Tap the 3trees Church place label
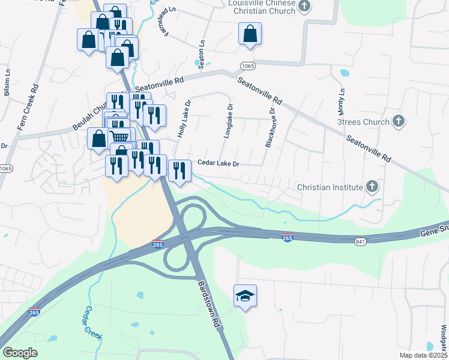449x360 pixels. (363, 122)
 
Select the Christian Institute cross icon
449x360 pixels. (372, 187)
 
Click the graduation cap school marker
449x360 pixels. (245, 295)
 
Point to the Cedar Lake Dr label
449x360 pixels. (219, 164)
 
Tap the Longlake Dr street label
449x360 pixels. (228, 122)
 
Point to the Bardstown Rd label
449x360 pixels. (208, 304)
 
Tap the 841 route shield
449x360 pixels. (360, 241)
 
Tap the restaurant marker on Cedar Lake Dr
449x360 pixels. (179, 171)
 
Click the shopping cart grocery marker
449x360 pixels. (119, 137)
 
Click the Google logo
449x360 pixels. (20, 353)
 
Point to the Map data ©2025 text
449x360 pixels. (423, 356)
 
